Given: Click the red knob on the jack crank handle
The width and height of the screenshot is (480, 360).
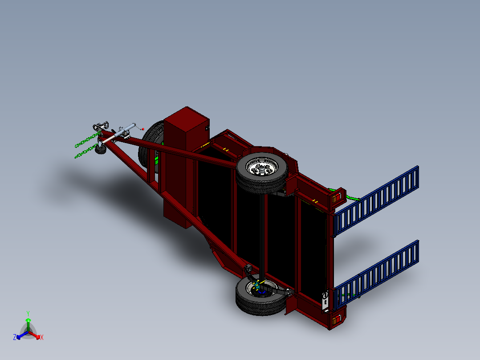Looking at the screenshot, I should pos(143,129).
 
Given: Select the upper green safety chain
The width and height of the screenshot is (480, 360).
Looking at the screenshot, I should pos(85,142).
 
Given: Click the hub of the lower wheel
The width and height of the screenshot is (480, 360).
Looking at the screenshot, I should pos(260,290).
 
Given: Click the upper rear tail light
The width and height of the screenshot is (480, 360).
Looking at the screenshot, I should pos(337,197).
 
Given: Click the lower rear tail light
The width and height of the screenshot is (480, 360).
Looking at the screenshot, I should pos(337,320).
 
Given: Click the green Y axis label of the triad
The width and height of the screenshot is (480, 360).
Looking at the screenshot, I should pos(28,313).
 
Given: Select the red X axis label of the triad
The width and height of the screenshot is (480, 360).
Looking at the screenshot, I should pos(42,337).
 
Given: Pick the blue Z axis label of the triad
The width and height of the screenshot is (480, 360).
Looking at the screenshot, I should pos(15,337).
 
